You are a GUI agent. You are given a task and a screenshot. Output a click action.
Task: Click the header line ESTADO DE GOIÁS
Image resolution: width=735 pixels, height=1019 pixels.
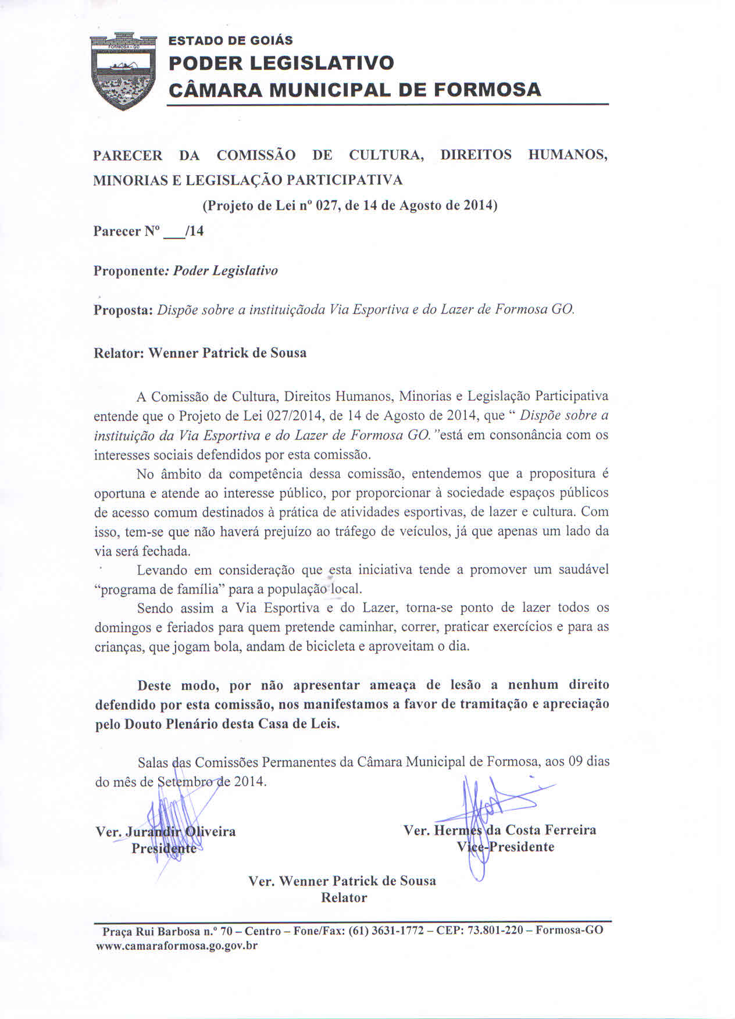pyautogui.click(x=230, y=41)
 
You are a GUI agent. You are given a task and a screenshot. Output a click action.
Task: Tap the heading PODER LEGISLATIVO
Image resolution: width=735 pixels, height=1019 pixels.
pyautogui.click(x=281, y=63)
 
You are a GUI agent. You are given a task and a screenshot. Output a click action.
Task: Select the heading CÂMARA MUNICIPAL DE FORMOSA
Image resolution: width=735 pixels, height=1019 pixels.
pyautogui.click(x=355, y=90)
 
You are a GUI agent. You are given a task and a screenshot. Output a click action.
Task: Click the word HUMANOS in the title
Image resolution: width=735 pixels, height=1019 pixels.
pyautogui.click(x=568, y=155)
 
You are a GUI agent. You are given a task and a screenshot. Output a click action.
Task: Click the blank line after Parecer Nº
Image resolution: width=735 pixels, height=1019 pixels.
pyautogui.click(x=172, y=232)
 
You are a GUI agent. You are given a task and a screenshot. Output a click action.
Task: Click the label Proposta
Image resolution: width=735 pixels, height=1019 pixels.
pyautogui.click(x=122, y=310)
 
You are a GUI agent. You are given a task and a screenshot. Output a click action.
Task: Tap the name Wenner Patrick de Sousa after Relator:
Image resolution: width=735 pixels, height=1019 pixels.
pyautogui.click(x=227, y=353)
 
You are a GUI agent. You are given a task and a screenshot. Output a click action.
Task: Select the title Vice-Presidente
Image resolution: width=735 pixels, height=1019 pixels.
pyautogui.click(x=505, y=847)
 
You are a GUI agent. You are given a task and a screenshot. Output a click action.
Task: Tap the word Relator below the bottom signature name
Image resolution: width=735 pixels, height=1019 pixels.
pyautogui.click(x=344, y=897)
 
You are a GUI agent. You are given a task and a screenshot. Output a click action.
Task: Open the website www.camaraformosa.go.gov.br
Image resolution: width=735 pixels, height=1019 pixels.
pyautogui.click(x=176, y=946)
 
